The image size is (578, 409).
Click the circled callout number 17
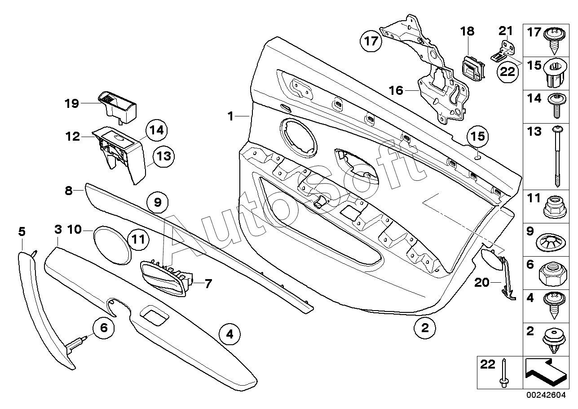click(x=371, y=41)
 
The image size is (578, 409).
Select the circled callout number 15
click(x=477, y=136)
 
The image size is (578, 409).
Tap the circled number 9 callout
click(x=157, y=202)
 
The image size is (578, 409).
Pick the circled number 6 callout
click(x=104, y=328)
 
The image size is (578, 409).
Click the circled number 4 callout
click(x=229, y=334)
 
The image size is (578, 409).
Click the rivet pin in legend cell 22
click(x=504, y=373)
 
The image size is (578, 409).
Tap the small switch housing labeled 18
click(x=473, y=68)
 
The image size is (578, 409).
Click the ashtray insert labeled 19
click(x=117, y=107)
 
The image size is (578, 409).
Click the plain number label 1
click(x=230, y=116)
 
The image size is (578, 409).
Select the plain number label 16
click(x=396, y=90)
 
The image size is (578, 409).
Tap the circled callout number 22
click(x=507, y=71)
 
